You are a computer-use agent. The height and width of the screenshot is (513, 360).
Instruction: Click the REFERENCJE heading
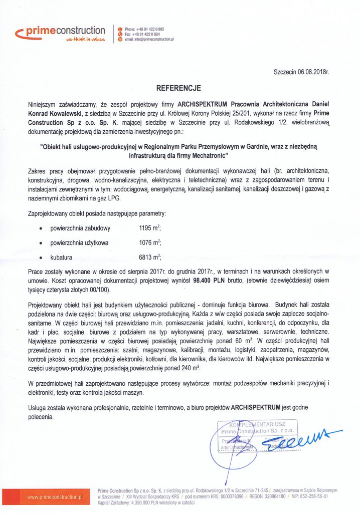[x=179, y=88]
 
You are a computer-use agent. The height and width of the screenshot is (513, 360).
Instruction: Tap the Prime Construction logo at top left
[x=60, y=34]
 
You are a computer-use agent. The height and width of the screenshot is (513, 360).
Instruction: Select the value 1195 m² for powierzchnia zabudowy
[x=150, y=228]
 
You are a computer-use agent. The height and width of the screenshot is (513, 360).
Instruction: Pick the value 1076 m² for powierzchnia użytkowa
[x=150, y=243]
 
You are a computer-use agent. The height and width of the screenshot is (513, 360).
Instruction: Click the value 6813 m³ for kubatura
[x=150, y=258]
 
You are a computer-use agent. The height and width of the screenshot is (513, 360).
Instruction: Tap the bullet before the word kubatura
[x=40, y=259]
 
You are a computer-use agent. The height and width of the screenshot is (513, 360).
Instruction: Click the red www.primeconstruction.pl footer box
[x=55, y=497]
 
